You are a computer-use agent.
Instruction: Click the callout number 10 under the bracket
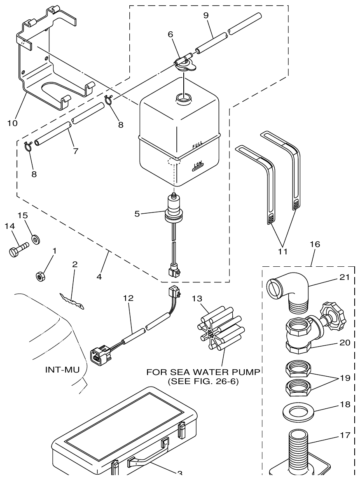[x=12, y=123]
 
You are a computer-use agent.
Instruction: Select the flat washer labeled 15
[x=36, y=239]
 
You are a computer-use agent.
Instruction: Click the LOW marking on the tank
[x=198, y=166]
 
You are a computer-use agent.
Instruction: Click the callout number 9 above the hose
[x=206, y=15]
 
